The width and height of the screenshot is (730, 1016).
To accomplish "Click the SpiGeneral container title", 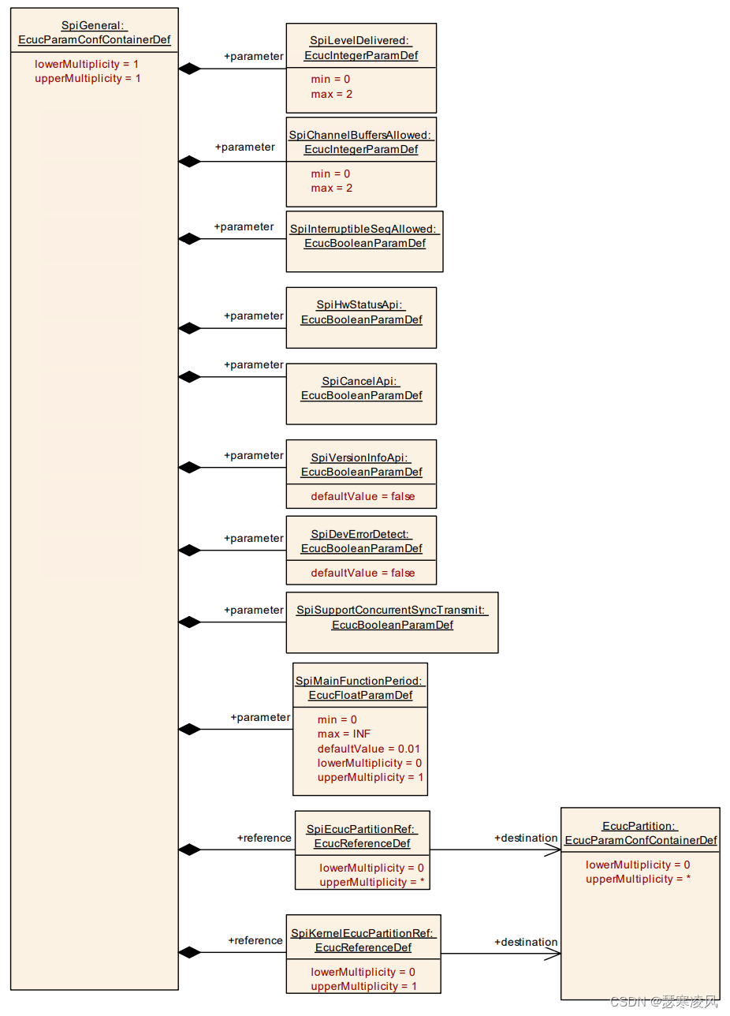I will coord(94,32).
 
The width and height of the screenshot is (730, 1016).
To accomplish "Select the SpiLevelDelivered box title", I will coord(361,47).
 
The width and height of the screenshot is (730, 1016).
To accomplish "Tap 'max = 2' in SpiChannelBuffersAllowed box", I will coord(331,188).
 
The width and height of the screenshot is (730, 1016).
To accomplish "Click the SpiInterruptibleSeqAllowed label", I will coord(364,236).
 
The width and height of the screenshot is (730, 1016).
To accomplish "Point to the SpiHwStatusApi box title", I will coord(361,312).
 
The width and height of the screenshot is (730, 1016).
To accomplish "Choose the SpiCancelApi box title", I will coord(361,388).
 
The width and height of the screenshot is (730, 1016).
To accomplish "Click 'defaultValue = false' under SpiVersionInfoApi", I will coord(362,496).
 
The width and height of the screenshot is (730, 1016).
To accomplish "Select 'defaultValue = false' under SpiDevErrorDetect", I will coord(362,573).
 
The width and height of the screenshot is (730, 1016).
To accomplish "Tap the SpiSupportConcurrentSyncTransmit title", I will coord(392,617).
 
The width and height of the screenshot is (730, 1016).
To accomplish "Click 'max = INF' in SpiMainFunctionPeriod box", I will coord(344,734).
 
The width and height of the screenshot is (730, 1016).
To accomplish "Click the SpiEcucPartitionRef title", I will coord(362,835).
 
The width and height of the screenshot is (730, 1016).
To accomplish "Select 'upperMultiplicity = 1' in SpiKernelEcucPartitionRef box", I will coord(363,986).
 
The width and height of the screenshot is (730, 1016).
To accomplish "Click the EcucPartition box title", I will coord(640,833).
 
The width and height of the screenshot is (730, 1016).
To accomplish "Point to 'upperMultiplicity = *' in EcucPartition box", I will coord(638,879).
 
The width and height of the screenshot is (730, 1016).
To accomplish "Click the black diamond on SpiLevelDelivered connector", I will coord(189,69).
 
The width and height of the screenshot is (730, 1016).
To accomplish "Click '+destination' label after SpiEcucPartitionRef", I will coord(526,838).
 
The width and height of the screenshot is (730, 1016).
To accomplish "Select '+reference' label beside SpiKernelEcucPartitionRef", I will coord(255,940).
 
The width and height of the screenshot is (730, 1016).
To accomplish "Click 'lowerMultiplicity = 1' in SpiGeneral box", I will coord(87,63).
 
